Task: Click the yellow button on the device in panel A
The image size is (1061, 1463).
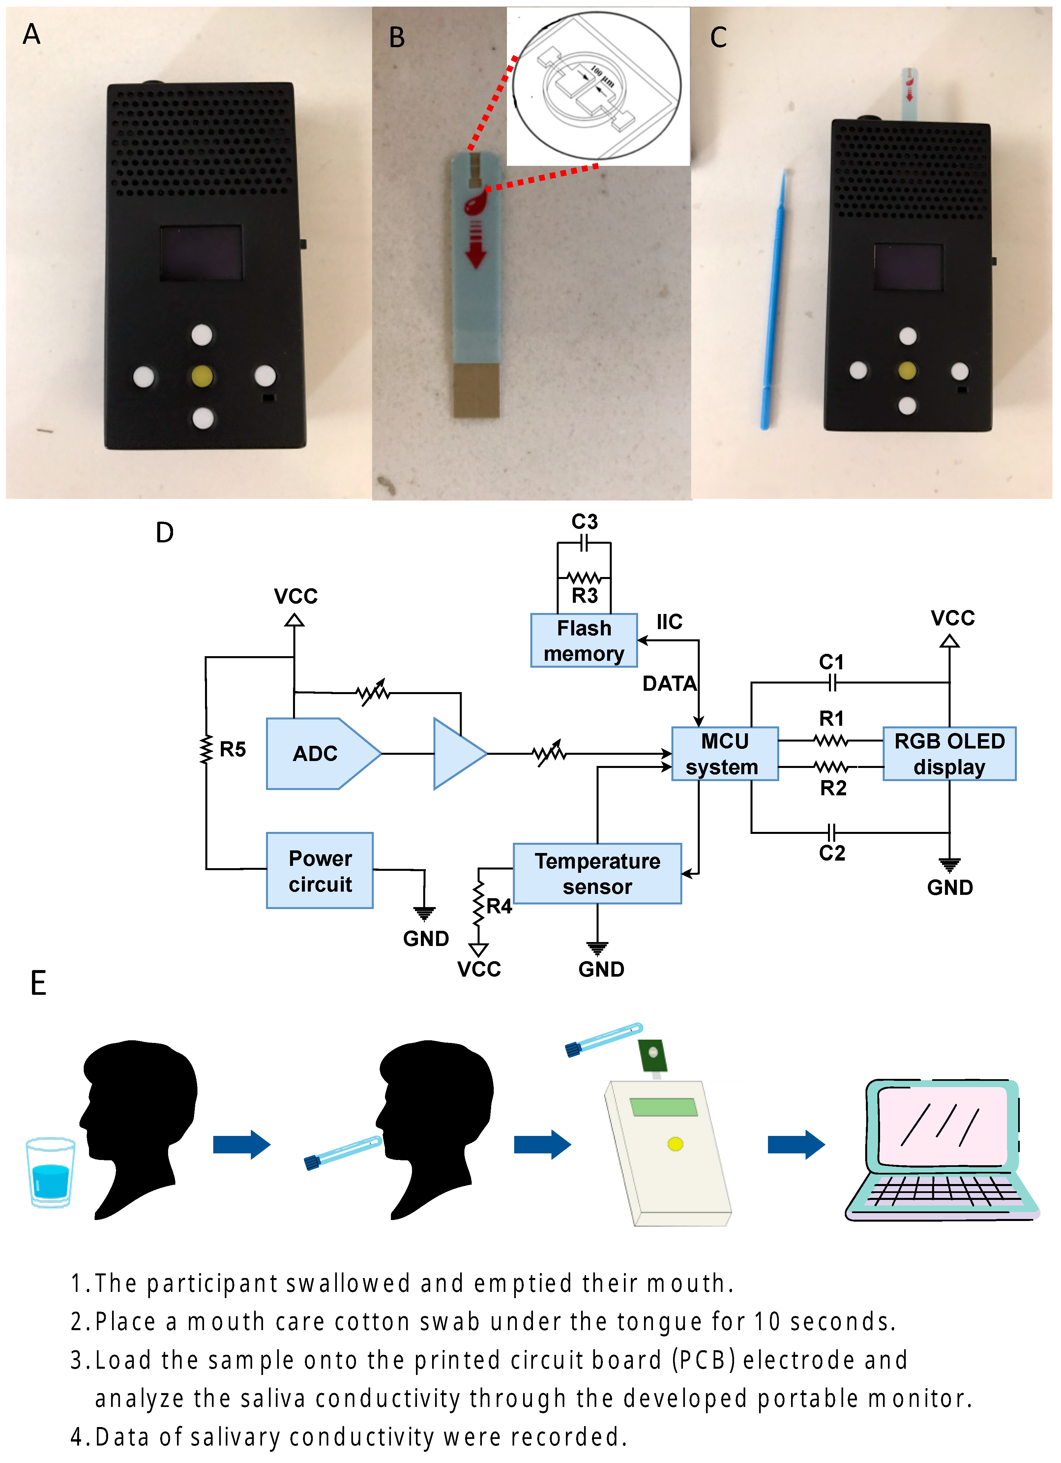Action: tap(202, 376)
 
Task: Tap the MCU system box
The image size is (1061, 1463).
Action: tap(724, 753)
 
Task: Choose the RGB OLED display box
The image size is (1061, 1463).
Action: tap(949, 753)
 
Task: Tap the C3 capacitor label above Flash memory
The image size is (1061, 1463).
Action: tap(584, 521)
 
